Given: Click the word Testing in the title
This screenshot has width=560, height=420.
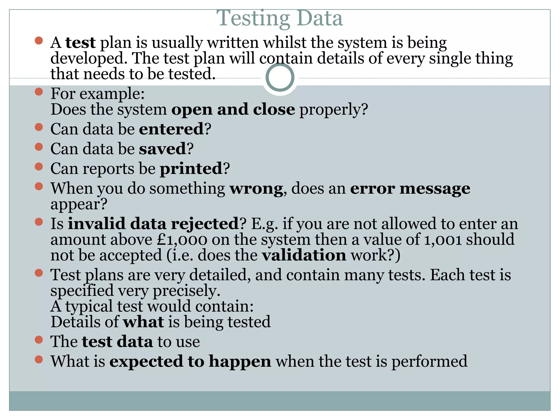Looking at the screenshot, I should (x=253, y=19).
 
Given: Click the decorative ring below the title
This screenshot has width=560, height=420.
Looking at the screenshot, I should (x=280, y=77).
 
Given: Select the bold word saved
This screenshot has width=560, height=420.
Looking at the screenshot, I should (x=163, y=149).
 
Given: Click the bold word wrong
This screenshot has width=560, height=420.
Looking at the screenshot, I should (x=256, y=189).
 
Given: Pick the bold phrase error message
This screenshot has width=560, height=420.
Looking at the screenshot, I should (x=410, y=189).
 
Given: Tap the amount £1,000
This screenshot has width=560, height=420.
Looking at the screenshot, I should (x=182, y=240).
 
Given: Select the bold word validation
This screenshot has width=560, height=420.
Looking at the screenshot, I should (x=304, y=255).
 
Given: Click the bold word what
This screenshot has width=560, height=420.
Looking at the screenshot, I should (x=144, y=322).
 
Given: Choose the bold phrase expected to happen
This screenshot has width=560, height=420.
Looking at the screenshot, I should (x=190, y=361).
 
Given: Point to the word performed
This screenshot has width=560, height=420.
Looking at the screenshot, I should (x=429, y=361).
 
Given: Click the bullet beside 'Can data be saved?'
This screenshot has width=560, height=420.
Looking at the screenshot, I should (x=39, y=147).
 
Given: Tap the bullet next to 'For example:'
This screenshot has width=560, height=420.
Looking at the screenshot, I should (x=39, y=92).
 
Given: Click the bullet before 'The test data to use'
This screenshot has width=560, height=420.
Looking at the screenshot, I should (x=39, y=340).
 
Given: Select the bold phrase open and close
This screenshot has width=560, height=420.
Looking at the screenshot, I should (x=233, y=110).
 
